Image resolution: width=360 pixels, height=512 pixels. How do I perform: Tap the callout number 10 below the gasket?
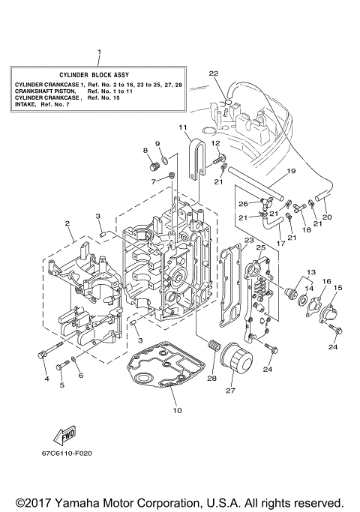[x=176, y=410]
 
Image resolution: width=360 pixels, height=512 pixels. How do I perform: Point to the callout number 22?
[x=214, y=73]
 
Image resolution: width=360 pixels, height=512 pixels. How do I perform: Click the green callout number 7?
[x=152, y=181]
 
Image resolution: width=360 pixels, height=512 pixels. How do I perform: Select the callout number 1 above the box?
[x=99, y=52]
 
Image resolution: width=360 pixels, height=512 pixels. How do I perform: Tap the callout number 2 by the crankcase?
[x=67, y=223]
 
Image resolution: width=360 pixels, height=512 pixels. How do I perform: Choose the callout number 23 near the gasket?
[x=247, y=241]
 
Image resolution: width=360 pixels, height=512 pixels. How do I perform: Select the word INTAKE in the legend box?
[x=26, y=106]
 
